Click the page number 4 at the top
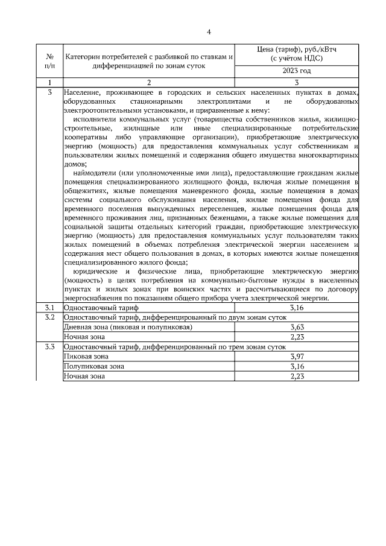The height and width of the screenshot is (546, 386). coord(209,32)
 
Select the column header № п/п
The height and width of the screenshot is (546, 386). coord(49,61)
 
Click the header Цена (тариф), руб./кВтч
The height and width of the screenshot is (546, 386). coord(296,54)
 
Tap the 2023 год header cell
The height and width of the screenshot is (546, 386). coord(296,72)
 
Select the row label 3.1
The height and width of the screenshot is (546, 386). coord(49,308)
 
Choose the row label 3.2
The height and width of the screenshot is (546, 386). coord(49,317)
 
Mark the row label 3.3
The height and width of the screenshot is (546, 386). coord(49,347)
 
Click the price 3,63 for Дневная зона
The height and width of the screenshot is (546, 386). coord(296,327)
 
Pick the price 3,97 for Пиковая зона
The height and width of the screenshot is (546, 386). coord(296,357)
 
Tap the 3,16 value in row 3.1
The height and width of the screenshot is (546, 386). coord(296,308)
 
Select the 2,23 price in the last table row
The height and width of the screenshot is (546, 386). coord(296,376)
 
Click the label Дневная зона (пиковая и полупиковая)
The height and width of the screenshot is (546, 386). coord(128,327)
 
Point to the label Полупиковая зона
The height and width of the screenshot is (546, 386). coord(94,366)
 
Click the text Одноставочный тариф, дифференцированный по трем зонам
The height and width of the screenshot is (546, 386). coord(175,347)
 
